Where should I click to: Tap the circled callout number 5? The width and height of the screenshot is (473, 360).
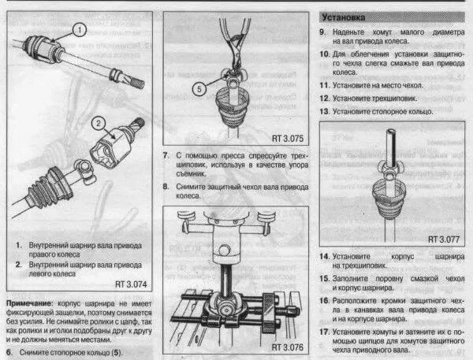point(200,88)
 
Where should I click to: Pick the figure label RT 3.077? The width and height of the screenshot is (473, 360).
point(445,237)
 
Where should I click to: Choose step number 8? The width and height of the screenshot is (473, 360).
point(166,187)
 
